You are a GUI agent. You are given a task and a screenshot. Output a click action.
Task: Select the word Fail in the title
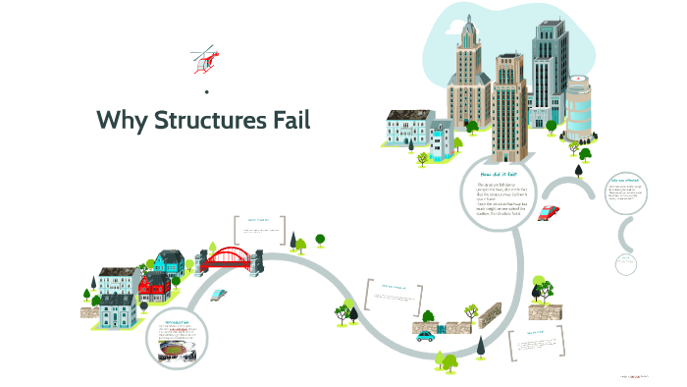click(x=290, y=121)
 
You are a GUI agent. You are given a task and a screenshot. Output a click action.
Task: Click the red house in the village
click(x=153, y=288)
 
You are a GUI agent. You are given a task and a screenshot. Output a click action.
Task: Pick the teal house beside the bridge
click(x=169, y=262)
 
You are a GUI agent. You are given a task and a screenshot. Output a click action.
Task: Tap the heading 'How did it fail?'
click(x=498, y=173)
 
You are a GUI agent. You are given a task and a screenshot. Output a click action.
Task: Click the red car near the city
click(x=549, y=212)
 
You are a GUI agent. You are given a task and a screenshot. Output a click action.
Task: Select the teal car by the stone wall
click(x=425, y=335)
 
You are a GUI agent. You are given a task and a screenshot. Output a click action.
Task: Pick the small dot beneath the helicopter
click(x=207, y=91)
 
